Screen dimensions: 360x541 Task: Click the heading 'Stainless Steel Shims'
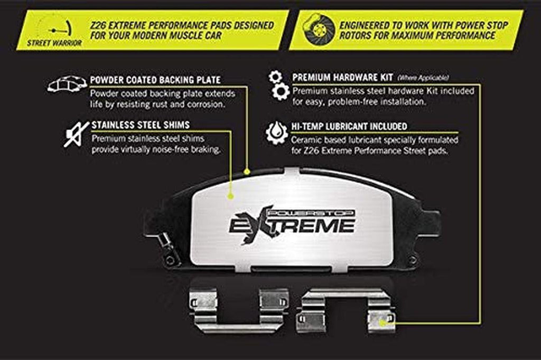tap(141, 125)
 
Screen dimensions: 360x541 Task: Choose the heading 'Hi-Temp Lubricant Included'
tap(349, 127)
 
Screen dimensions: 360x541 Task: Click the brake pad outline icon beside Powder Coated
tap(67, 84)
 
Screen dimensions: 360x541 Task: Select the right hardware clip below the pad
tap(344, 310)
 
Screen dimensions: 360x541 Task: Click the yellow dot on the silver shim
tap(230, 196)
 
